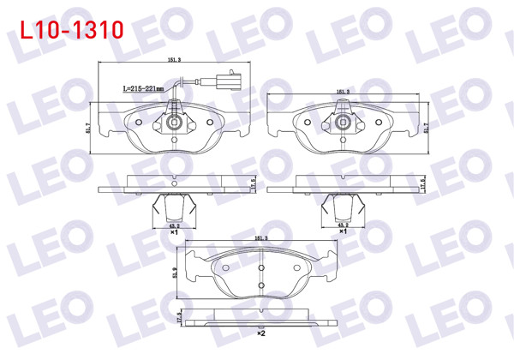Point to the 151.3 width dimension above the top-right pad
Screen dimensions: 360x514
342,89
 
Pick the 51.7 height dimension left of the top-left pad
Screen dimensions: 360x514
90,128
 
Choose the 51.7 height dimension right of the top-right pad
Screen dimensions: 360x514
426,128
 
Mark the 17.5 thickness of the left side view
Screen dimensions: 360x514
252,185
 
